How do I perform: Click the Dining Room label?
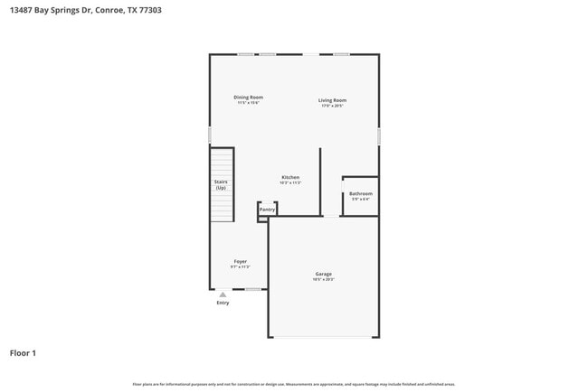pos(249,98)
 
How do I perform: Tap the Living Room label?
pos(332,100)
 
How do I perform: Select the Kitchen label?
pos(290,177)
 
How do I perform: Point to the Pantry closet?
pos(267,210)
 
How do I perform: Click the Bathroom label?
pos(360,193)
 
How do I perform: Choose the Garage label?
pos(323,274)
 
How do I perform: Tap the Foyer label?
pos(240,261)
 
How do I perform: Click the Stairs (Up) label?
pos(221,184)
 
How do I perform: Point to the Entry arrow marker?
pos(223,294)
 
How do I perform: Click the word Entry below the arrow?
pos(223,303)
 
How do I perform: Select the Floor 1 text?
pos(23,352)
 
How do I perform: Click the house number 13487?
pos(25,10)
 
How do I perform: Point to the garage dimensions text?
pos(323,279)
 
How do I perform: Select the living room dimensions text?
pos(332,106)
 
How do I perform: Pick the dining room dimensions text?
pos(249,103)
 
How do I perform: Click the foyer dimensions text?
pos(240,266)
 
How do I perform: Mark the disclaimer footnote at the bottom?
pos(294,384)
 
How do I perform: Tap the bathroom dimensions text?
pos(360,199)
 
